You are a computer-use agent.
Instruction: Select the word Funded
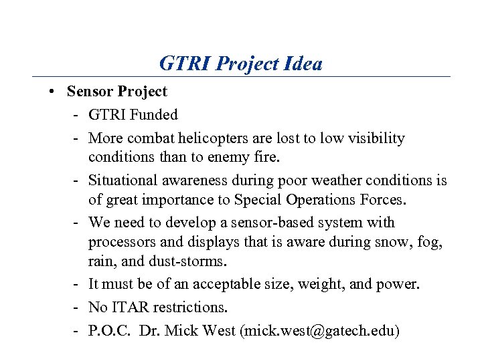tap(154, 115)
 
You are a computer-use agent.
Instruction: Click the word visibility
tap(372, 138)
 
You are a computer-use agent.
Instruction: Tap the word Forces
tap(380, 200)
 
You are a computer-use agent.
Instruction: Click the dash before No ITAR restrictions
tap(77, 308)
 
